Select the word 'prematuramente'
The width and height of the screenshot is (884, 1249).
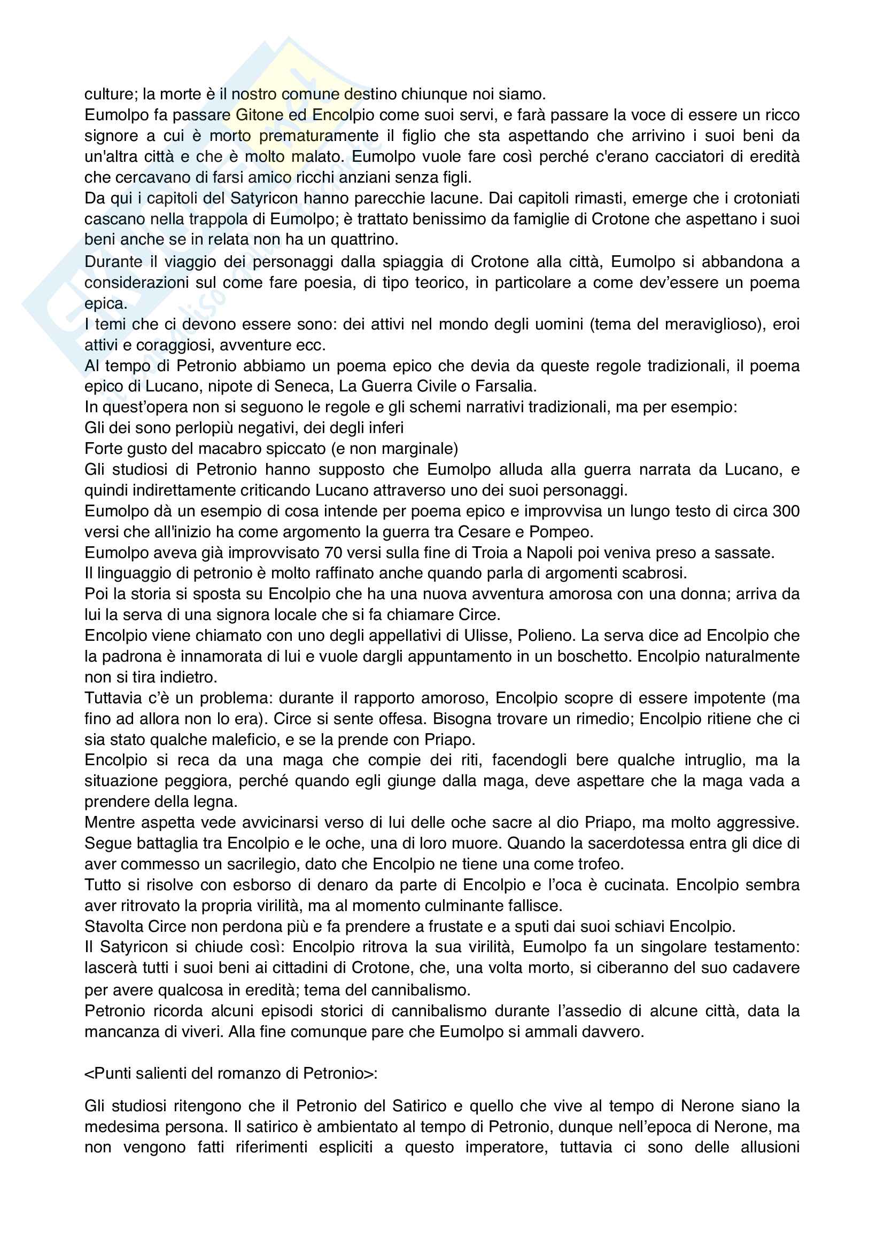pyautogui.click(x=319, y=136)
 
